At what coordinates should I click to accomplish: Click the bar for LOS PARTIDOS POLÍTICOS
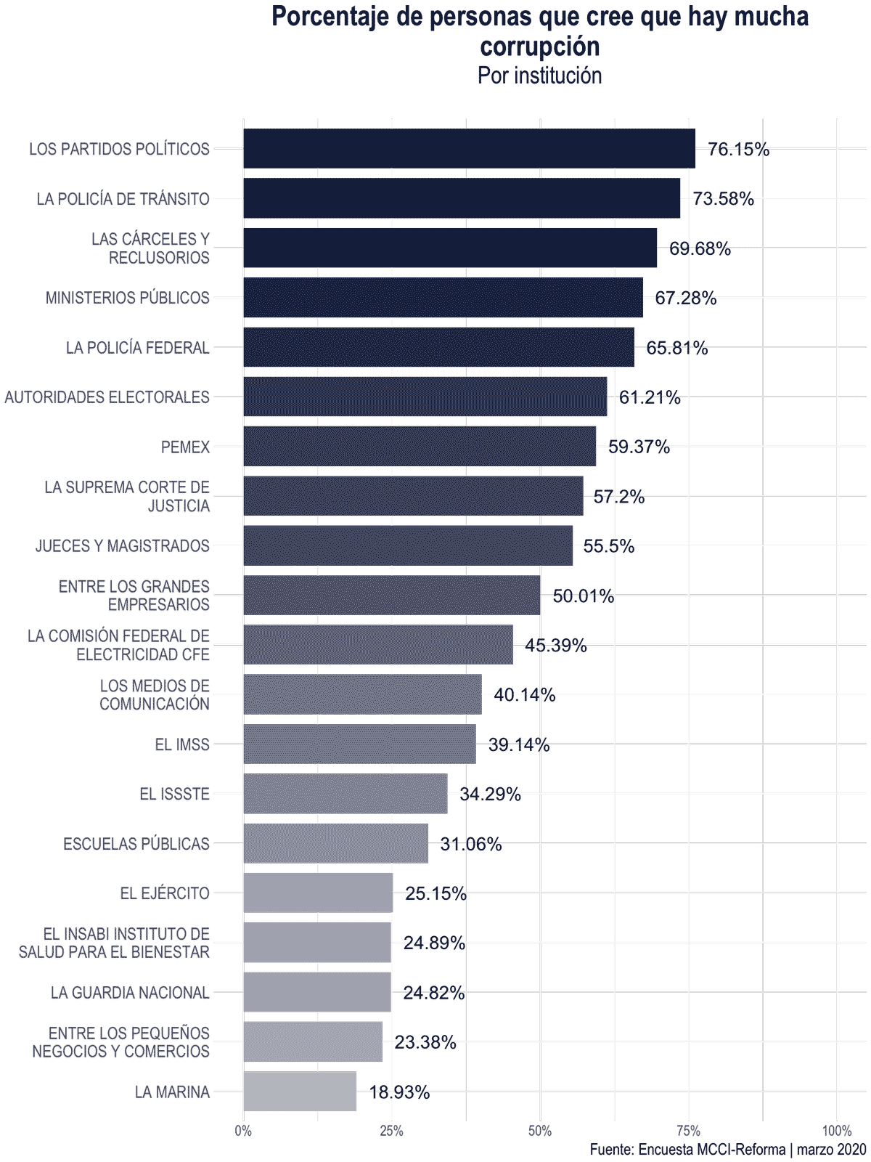tap(469, 149)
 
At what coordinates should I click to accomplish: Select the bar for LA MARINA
tap(300, 1091)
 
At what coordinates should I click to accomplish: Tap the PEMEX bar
tap(420, 446)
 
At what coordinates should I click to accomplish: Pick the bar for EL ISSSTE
tap(345, 794)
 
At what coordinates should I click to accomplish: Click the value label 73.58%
tap(723, 198)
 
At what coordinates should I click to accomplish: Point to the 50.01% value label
tap(583, 596)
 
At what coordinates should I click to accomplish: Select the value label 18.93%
tap(399, 1092)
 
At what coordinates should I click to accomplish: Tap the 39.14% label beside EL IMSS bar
tap(518, 744)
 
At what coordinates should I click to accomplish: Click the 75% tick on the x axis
tap(688, 1131)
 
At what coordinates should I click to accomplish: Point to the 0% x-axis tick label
tap(243, 1131)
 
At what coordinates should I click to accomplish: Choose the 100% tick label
tap(836, 1131)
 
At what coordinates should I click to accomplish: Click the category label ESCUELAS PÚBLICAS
tap(136, 844)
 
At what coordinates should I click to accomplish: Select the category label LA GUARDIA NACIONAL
tap(130, 993)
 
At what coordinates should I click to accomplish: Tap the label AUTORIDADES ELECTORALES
tap(107, 397)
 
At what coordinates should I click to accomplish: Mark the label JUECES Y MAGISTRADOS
tap(123, 546)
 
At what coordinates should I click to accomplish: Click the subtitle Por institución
tap(539, 76)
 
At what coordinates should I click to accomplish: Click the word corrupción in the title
tap(539, 46)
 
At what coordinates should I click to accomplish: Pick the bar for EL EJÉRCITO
tap(318, 893)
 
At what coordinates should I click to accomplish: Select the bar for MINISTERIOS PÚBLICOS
tap(443, 298)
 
